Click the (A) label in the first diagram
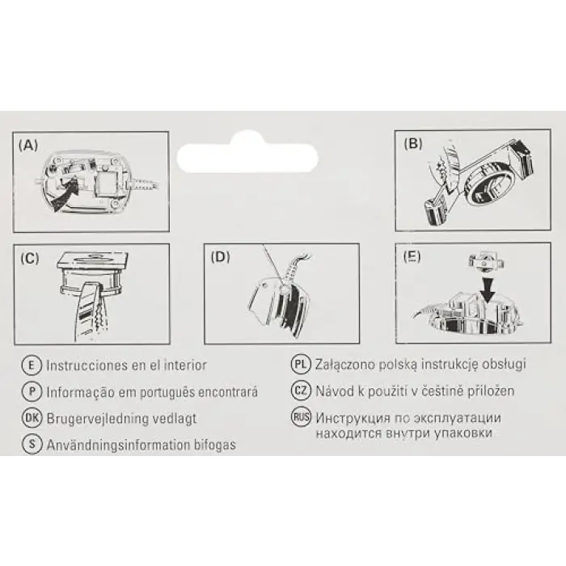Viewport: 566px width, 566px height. coord(28,145)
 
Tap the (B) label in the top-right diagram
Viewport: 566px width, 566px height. coord(413,143)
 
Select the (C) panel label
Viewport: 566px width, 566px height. coord(30,258)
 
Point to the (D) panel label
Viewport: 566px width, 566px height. coord(220,257)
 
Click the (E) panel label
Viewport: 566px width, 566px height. coord(412,256)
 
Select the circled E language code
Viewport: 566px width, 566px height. coord(32,365)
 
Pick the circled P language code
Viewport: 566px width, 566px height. coord(32,391)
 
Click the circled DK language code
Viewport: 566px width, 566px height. coord(32,418)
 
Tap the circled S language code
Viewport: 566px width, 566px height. coord(32,444)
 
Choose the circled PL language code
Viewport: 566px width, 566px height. coord(301,364)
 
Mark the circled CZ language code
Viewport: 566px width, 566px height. coord(301,391)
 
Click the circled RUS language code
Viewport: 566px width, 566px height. coord(301,417)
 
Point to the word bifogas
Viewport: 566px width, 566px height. coord(215,445)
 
